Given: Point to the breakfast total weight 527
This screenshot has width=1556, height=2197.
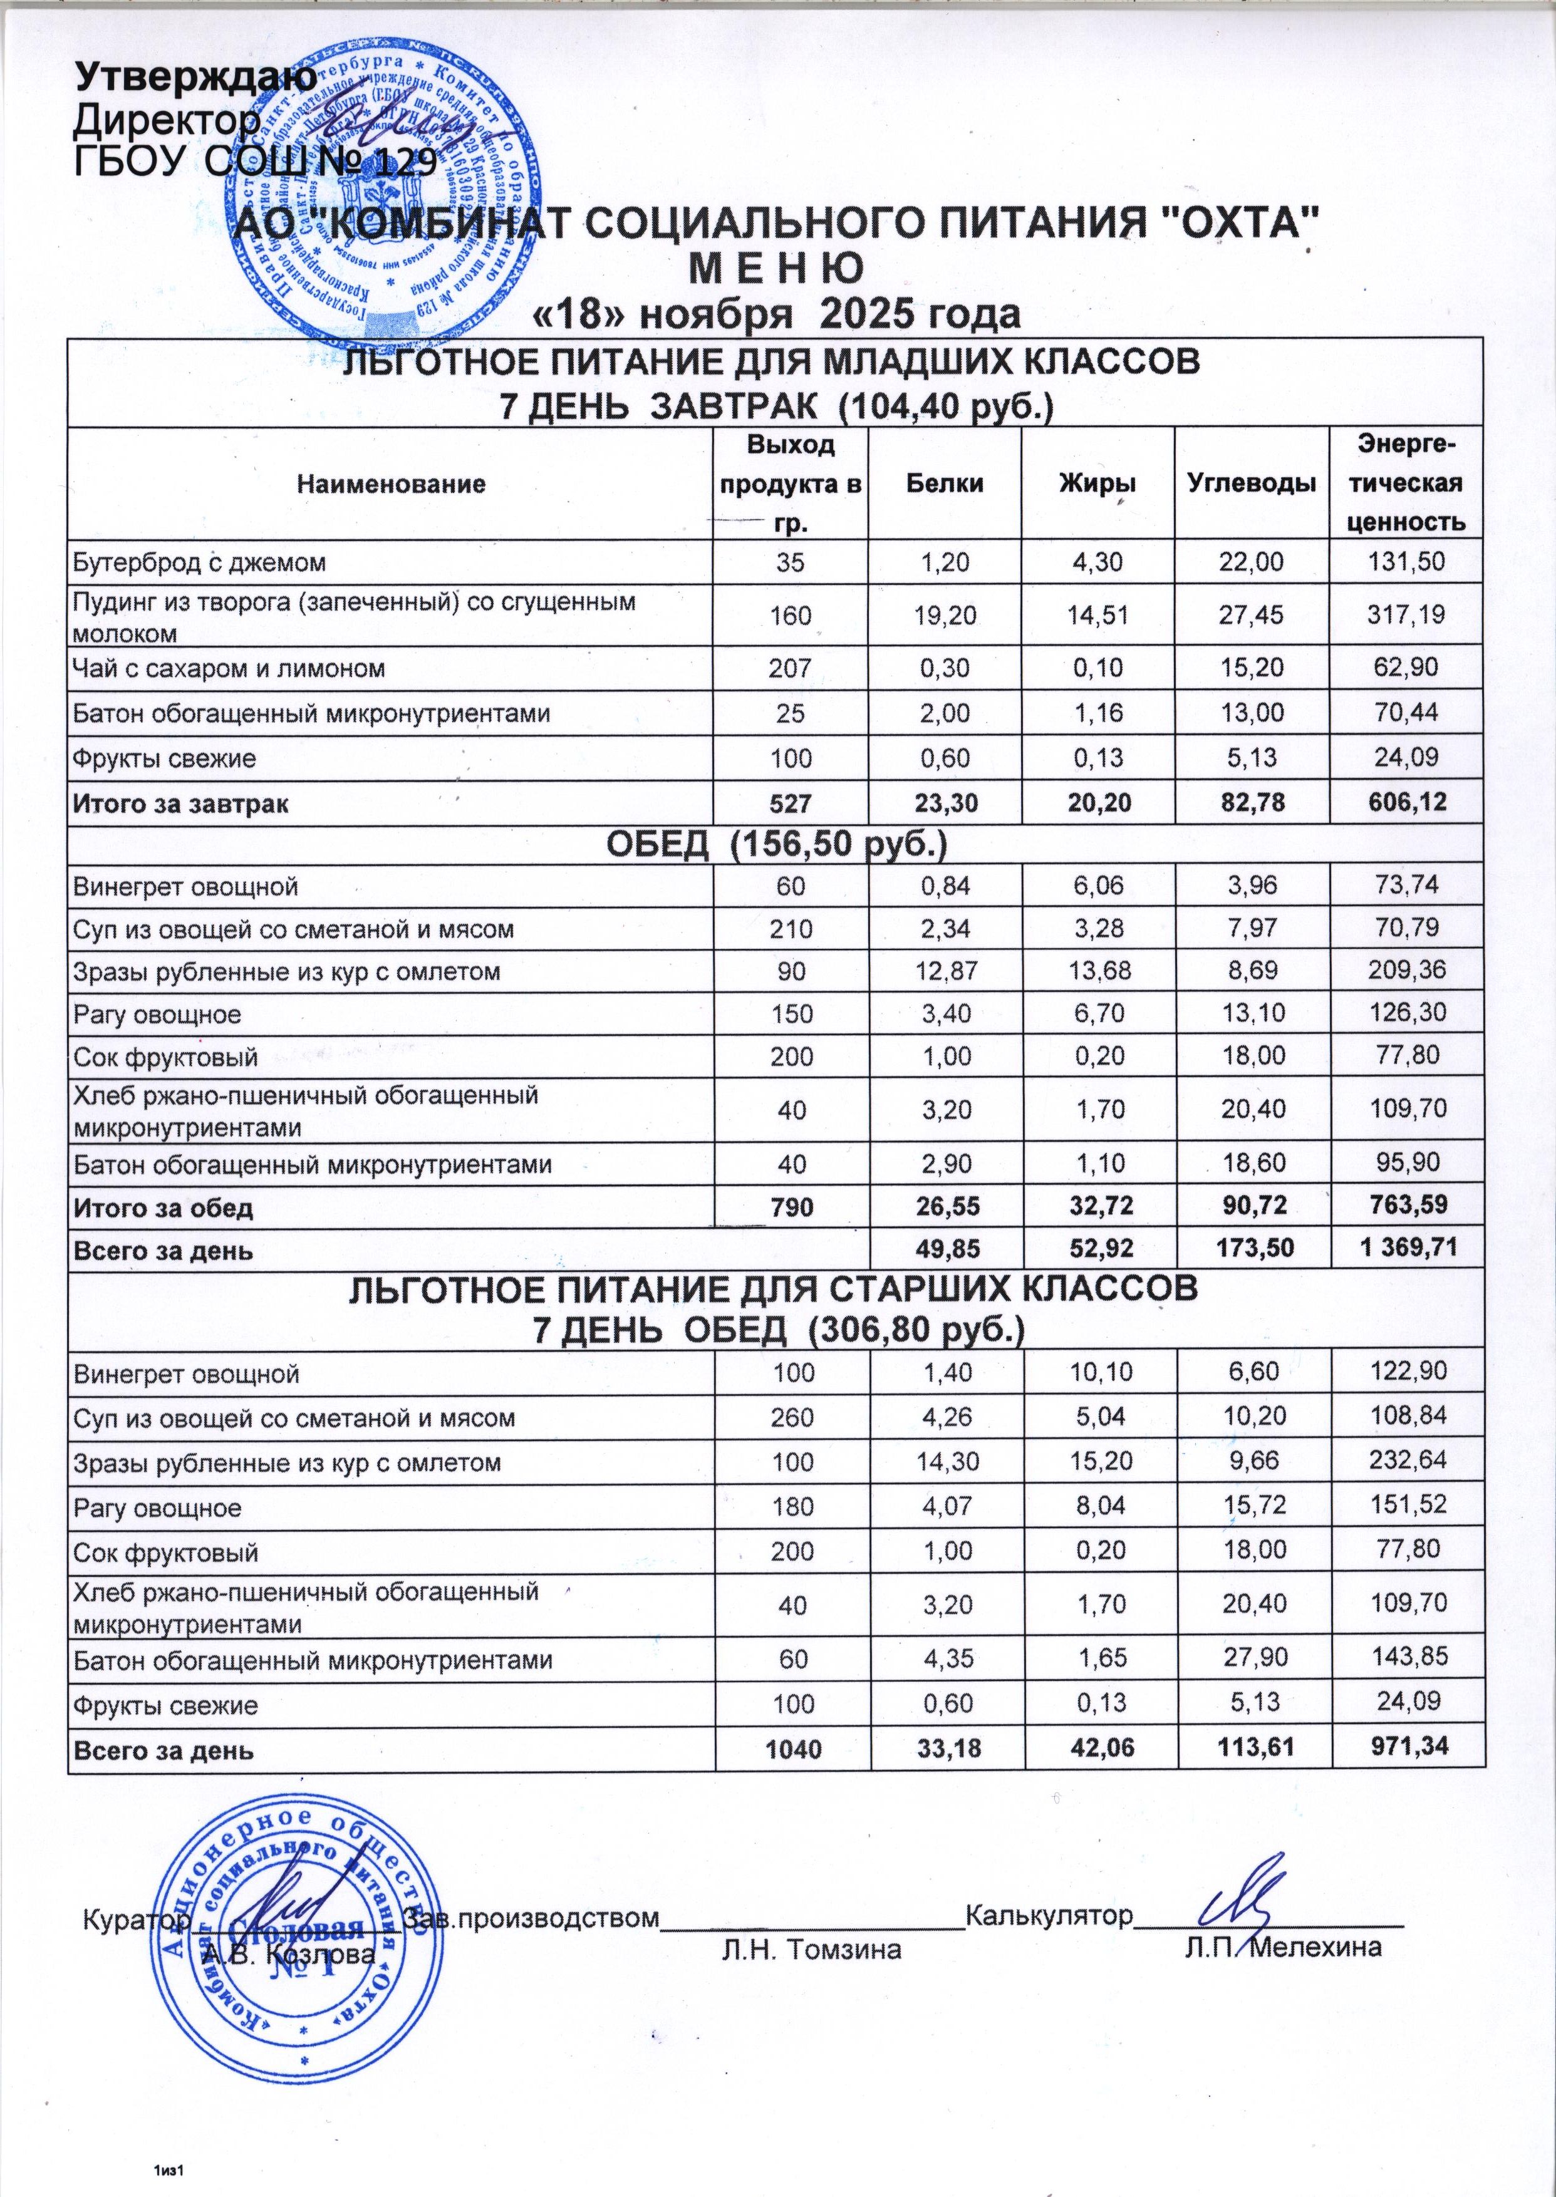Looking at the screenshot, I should (x=791, y=805).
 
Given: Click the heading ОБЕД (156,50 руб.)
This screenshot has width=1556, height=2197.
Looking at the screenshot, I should (x=778, y=845).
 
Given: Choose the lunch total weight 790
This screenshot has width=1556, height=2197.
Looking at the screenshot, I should (x=791, y=1207).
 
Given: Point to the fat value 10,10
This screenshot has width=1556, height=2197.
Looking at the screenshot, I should (x=1097, y=1374).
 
